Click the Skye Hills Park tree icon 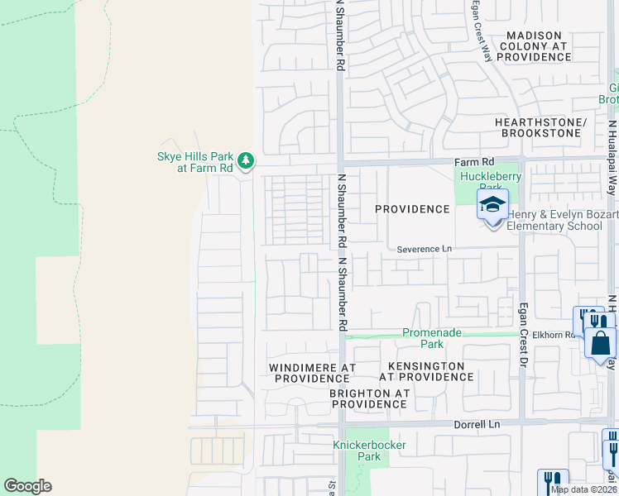(245, 160)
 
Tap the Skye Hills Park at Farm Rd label (196, 162)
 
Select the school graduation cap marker (492, 204)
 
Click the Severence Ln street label (425, 249)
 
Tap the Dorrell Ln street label (478, 424)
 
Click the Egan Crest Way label (482, 29)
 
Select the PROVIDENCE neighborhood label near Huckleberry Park (412, 209)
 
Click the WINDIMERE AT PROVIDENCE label (313, 372)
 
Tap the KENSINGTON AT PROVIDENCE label (426, 371)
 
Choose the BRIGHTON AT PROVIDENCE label (369, 398)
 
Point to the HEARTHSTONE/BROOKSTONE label (540, 127)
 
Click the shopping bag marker (600, 341)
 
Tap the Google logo (27, 486)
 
